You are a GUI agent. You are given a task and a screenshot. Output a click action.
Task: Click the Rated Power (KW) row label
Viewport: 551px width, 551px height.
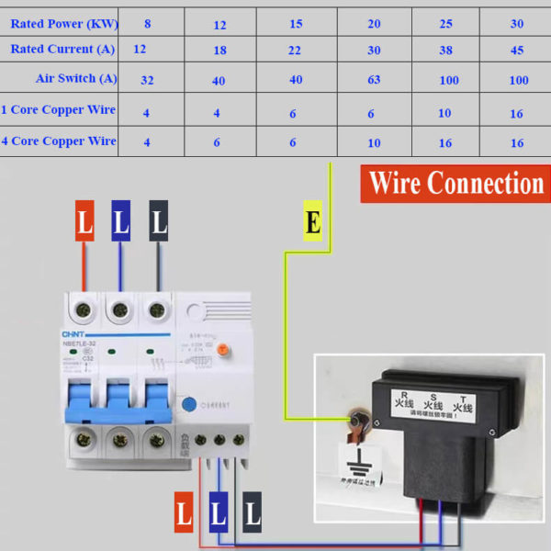click(63, 24)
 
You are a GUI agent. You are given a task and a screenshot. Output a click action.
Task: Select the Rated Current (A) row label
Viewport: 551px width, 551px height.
click(62, 49)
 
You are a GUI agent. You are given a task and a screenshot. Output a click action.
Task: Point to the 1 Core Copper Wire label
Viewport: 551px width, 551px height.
click(58, 110)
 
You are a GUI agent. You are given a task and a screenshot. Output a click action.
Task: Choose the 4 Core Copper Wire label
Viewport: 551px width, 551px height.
click(58, 141)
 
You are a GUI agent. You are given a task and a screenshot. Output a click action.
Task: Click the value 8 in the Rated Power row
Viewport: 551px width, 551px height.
click(147, 24)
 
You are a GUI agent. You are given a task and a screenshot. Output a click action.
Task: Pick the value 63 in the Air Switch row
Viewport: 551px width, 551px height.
click(374, 80)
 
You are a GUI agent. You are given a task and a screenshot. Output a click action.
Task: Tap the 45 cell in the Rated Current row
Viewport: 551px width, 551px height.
click(517, 51)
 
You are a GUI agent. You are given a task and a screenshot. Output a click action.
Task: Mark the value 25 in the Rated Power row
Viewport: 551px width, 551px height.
click(446, 24)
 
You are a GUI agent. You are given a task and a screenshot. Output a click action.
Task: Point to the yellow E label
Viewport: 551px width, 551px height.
click(313, 222)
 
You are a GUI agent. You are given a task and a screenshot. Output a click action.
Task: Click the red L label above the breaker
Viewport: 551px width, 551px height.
click(84, 221)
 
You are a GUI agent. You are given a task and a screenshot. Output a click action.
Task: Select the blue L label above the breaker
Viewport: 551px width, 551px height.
click(121, 221)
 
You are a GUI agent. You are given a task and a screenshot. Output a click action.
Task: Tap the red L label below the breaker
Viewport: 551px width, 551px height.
click(184, 514)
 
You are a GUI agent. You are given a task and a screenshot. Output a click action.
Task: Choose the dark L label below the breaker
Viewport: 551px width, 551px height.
click(252, 514)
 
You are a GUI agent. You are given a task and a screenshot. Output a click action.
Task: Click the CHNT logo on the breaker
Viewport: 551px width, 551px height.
click(73, 333)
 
